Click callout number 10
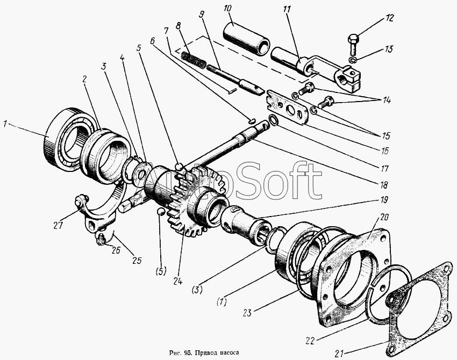pos(227,10)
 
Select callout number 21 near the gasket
pos(338,354)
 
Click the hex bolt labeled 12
pos(354,41)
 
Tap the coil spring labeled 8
pos(193,59)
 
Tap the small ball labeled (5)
pos(160,213)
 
